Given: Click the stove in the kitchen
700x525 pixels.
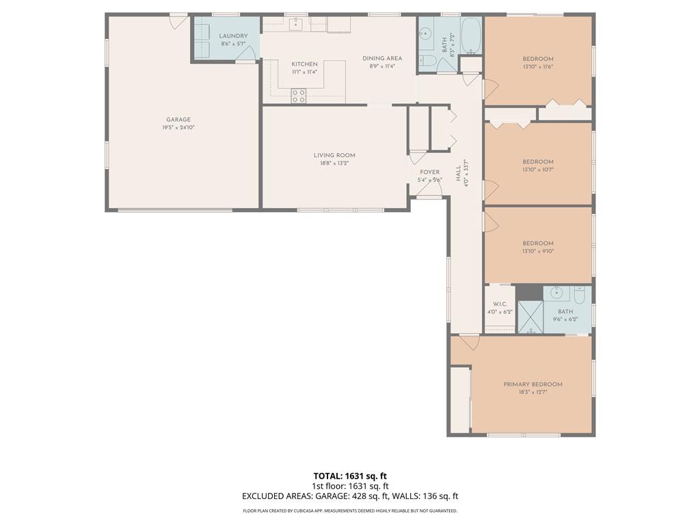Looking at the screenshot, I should coord(299,96).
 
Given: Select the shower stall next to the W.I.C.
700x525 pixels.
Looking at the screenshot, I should coord(529,316).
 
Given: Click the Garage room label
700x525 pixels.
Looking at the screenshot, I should coord(176,120).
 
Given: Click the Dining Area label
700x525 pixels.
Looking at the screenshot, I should coord(382,58).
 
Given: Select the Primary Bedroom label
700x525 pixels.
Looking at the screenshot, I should coord(533,384).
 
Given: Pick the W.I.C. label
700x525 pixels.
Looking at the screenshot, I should coord(499,304).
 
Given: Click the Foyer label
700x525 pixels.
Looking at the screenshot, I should coord(430,172).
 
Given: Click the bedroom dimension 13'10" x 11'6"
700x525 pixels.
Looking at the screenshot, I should coord(538,67).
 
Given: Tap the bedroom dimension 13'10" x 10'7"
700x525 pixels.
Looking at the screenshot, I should coord(538,170).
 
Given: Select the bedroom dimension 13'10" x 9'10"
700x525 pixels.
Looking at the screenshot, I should coord(538,251).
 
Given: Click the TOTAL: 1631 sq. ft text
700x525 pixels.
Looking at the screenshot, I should coord(350,476).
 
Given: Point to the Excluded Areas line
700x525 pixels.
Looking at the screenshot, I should coord(350,496).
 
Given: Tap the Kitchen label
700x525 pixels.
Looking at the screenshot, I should coord(304,64).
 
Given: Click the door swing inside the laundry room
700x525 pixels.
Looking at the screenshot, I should coord(250,53).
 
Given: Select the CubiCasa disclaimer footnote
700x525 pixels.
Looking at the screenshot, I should coord(350,511).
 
